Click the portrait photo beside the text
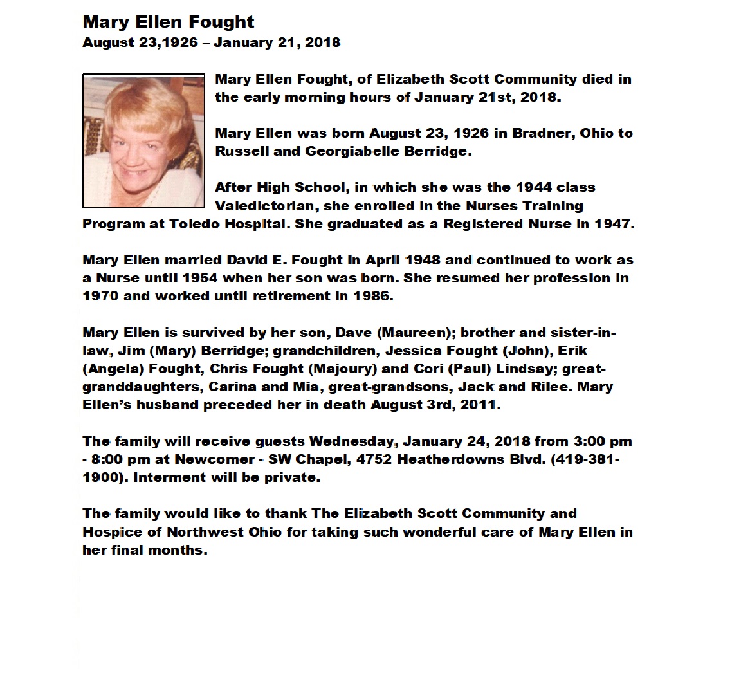click(x=143, y=141)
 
